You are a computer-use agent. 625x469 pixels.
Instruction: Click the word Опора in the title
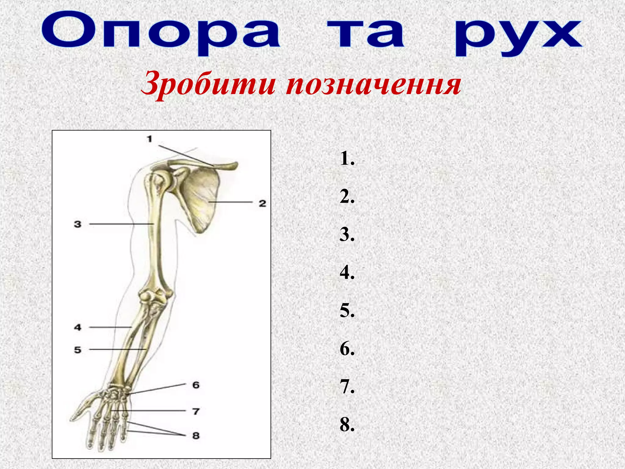(161, 33)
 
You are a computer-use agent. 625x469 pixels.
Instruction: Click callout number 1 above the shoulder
(149, 139)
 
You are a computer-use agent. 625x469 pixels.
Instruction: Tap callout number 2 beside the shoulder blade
(262, 203)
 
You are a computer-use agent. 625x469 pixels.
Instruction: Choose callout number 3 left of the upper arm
(78, 224)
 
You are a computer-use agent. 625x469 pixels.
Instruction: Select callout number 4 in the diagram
(78, 327)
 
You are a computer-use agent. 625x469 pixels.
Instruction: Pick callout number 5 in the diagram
(78, 350)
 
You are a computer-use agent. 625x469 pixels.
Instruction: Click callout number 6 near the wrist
(196, 385)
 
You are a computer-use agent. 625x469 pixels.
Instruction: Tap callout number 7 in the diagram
(196, 411)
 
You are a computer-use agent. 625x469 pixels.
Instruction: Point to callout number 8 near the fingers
(196, 435)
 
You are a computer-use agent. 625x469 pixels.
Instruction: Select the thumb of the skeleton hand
(82, 409)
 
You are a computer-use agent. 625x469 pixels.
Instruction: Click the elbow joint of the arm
(156, 296)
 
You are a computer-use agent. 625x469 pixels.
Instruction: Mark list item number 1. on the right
(347, 159)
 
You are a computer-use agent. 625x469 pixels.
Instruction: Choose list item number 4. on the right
(347, 272)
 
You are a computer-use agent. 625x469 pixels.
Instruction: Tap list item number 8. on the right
(347, 424)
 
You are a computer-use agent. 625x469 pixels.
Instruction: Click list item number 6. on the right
(347, 349)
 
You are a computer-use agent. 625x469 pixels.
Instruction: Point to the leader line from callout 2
(230, 202)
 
